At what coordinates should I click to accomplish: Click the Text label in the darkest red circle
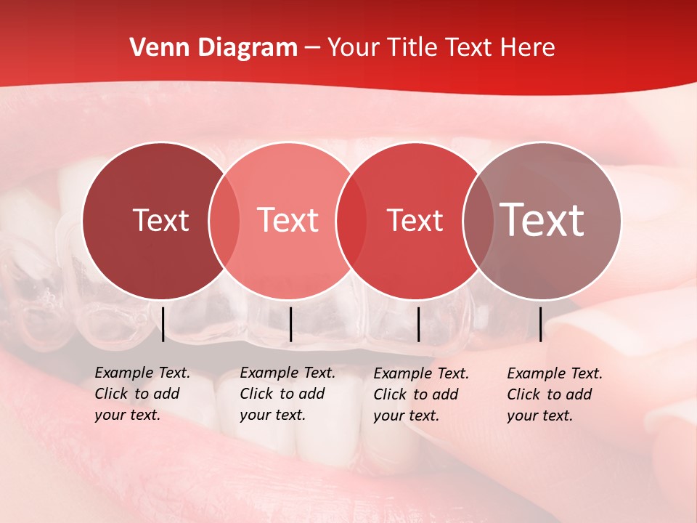160,220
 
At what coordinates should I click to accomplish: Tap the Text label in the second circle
288,220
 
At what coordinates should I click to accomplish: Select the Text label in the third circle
415,220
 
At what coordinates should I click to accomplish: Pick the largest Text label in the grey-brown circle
542,220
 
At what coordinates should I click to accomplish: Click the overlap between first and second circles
224,220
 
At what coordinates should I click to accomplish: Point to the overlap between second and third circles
351,220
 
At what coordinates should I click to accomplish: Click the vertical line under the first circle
163,324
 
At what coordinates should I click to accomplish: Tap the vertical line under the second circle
290,324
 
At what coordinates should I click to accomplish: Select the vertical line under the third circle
418,324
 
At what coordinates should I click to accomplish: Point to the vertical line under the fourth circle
540,324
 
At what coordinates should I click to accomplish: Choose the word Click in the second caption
256,394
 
